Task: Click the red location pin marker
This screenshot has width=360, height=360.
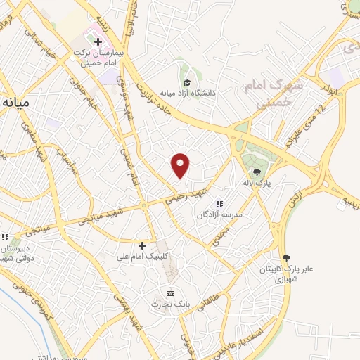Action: [x=181, y=165]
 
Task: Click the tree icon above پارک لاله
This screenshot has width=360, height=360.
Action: [x=257, y=172]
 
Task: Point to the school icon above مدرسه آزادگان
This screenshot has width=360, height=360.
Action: [x=219, y=203]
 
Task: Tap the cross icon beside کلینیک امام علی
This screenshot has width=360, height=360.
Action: [x=143, y=245]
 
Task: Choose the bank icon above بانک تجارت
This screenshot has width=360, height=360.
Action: [x=169, y=292]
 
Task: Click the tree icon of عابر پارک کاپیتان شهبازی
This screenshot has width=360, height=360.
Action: [x=285, y=257]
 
